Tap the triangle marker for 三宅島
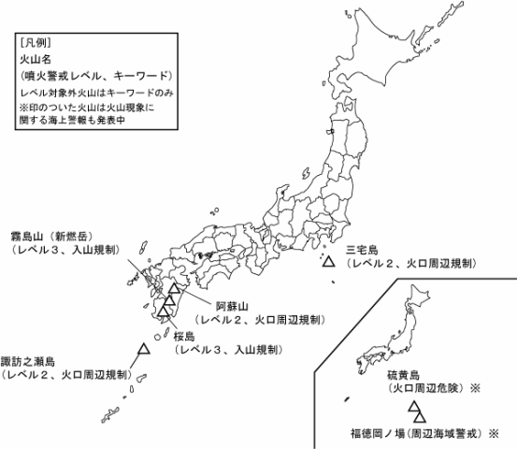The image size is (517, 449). (328, 263)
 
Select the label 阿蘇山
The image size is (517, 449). (232, 306)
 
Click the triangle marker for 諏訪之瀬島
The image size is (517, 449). (144, 349)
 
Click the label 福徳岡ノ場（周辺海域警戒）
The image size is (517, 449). (409, 434)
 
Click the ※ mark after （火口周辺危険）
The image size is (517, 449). (474, 385)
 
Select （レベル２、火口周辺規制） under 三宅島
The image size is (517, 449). (410, 265)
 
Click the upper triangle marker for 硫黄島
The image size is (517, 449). (412, 406)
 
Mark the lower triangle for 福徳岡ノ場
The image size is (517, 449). (419, 415)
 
